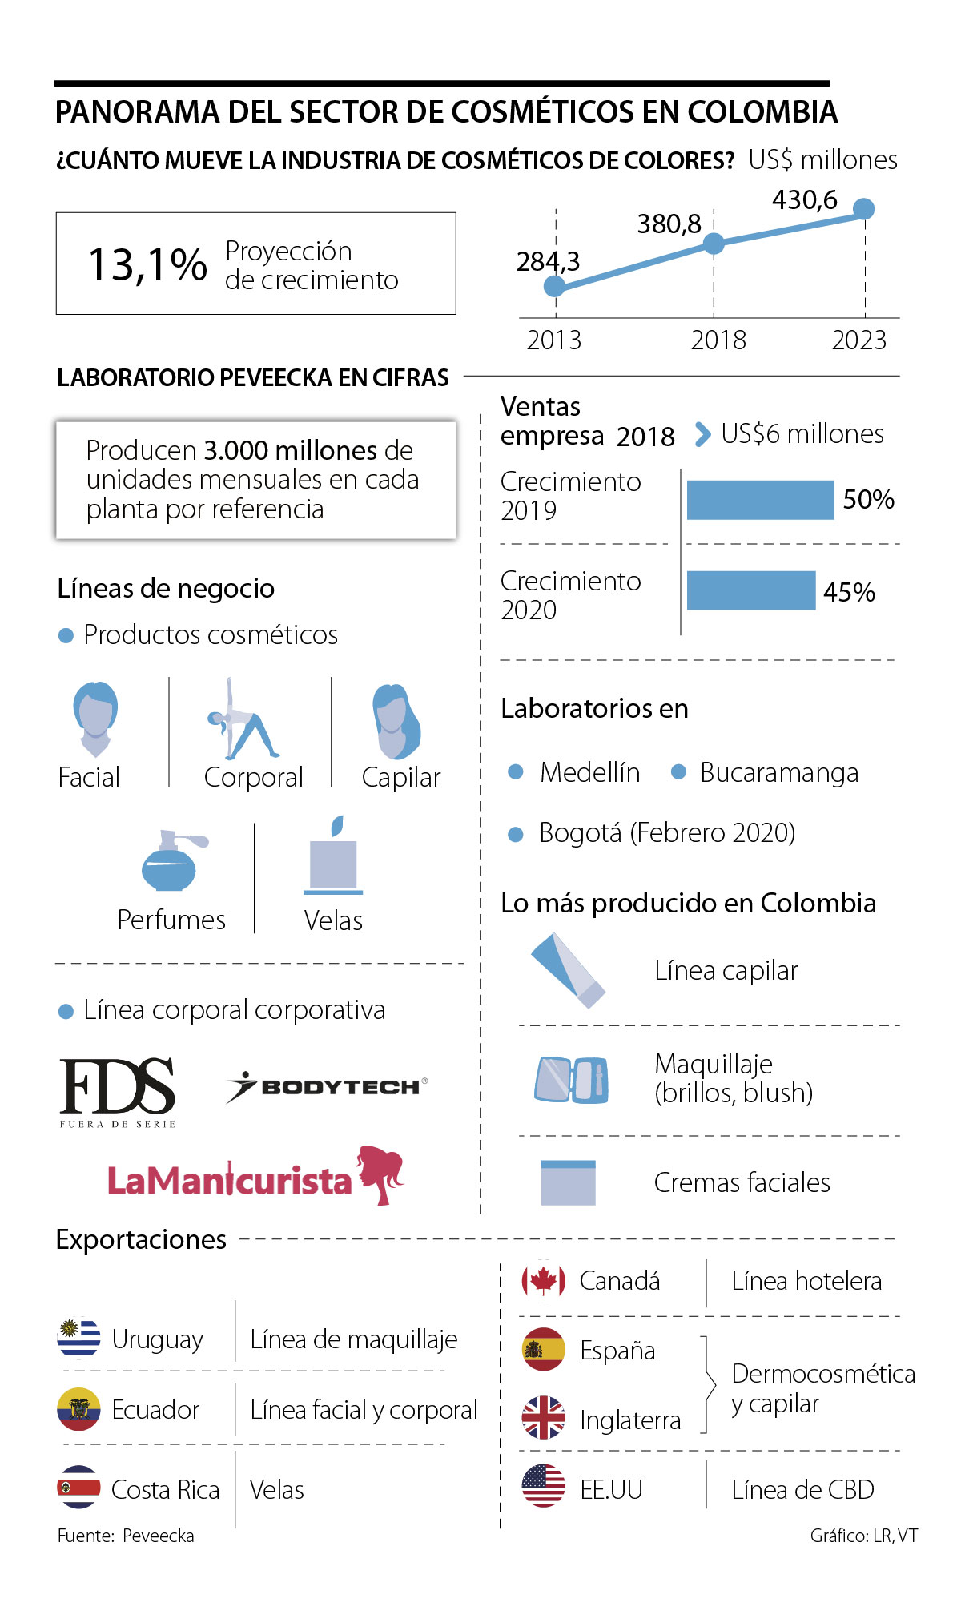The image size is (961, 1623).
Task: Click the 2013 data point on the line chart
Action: pyautogui.click(x=554, y=286)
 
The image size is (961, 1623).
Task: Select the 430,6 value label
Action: pyautogui.click(x=804, y=199)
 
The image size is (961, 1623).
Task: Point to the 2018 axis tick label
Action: pyautogui.click(x=718, y=340)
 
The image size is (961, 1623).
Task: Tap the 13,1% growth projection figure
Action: pyautogui.click(x=147, y=264)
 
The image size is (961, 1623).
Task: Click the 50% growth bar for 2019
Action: pyautogui.click(x=760, y=500)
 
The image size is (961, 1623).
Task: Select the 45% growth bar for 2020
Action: pyautogui.click(x=751, y=591)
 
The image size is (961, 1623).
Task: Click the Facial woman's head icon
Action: pyautogui.click(x=95, y=719)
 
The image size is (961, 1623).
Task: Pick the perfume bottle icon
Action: pyautogui.click(x=170, y=861)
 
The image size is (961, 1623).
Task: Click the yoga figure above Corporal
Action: pyautogui.click(x=242, y=721)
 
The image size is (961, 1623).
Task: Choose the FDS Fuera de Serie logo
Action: pyautogui.click(x=118, y=1091)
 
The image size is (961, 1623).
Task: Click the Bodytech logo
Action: pyautogui.click(x=327, y=1087)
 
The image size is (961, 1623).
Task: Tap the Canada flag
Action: pyautogui.click(x=543, y=1281)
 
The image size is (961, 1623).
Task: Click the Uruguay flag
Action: pyautogui.click(x=78, y=1339)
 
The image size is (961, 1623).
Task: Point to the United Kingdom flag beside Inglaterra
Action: pyautogui.click(x=543, y=1418)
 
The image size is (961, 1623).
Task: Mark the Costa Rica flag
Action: pyautogui.click(x=78, y=1488)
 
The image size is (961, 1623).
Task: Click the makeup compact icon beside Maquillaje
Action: pyautogui.click(x=571, y=1079)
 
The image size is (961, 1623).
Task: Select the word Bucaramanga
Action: pyautogui.click(x=778, y=773)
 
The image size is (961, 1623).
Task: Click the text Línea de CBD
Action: pyautogui.click(x=802, y=1490)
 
